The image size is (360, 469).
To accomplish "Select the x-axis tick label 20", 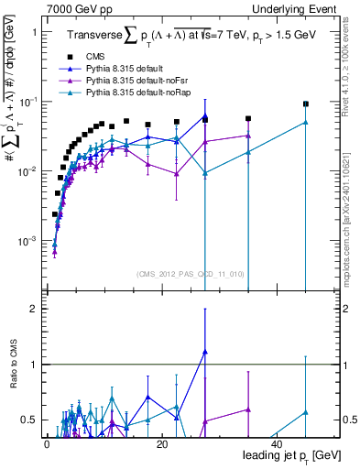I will tap(162, 442).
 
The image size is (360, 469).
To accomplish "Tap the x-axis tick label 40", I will tap(277, 442).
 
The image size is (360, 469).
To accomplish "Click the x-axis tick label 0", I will tap(47, 442).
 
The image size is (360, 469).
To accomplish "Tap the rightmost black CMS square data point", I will tap(306, 104).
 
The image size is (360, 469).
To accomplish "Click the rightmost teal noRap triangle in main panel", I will tap(306, 122).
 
